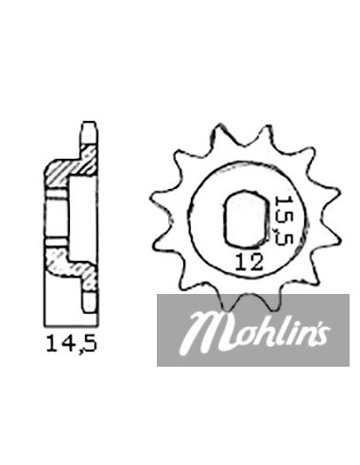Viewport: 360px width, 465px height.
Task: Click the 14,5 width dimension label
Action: click(72, 344)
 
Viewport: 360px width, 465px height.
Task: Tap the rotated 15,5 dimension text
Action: click(283, 220)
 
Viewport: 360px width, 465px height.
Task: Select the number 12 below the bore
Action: click(249, 263)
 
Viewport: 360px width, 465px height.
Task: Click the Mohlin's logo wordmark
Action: click(256, 330)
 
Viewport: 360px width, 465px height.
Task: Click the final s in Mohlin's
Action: click(322, 335)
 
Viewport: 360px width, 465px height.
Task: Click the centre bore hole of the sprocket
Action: click(245, 217)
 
